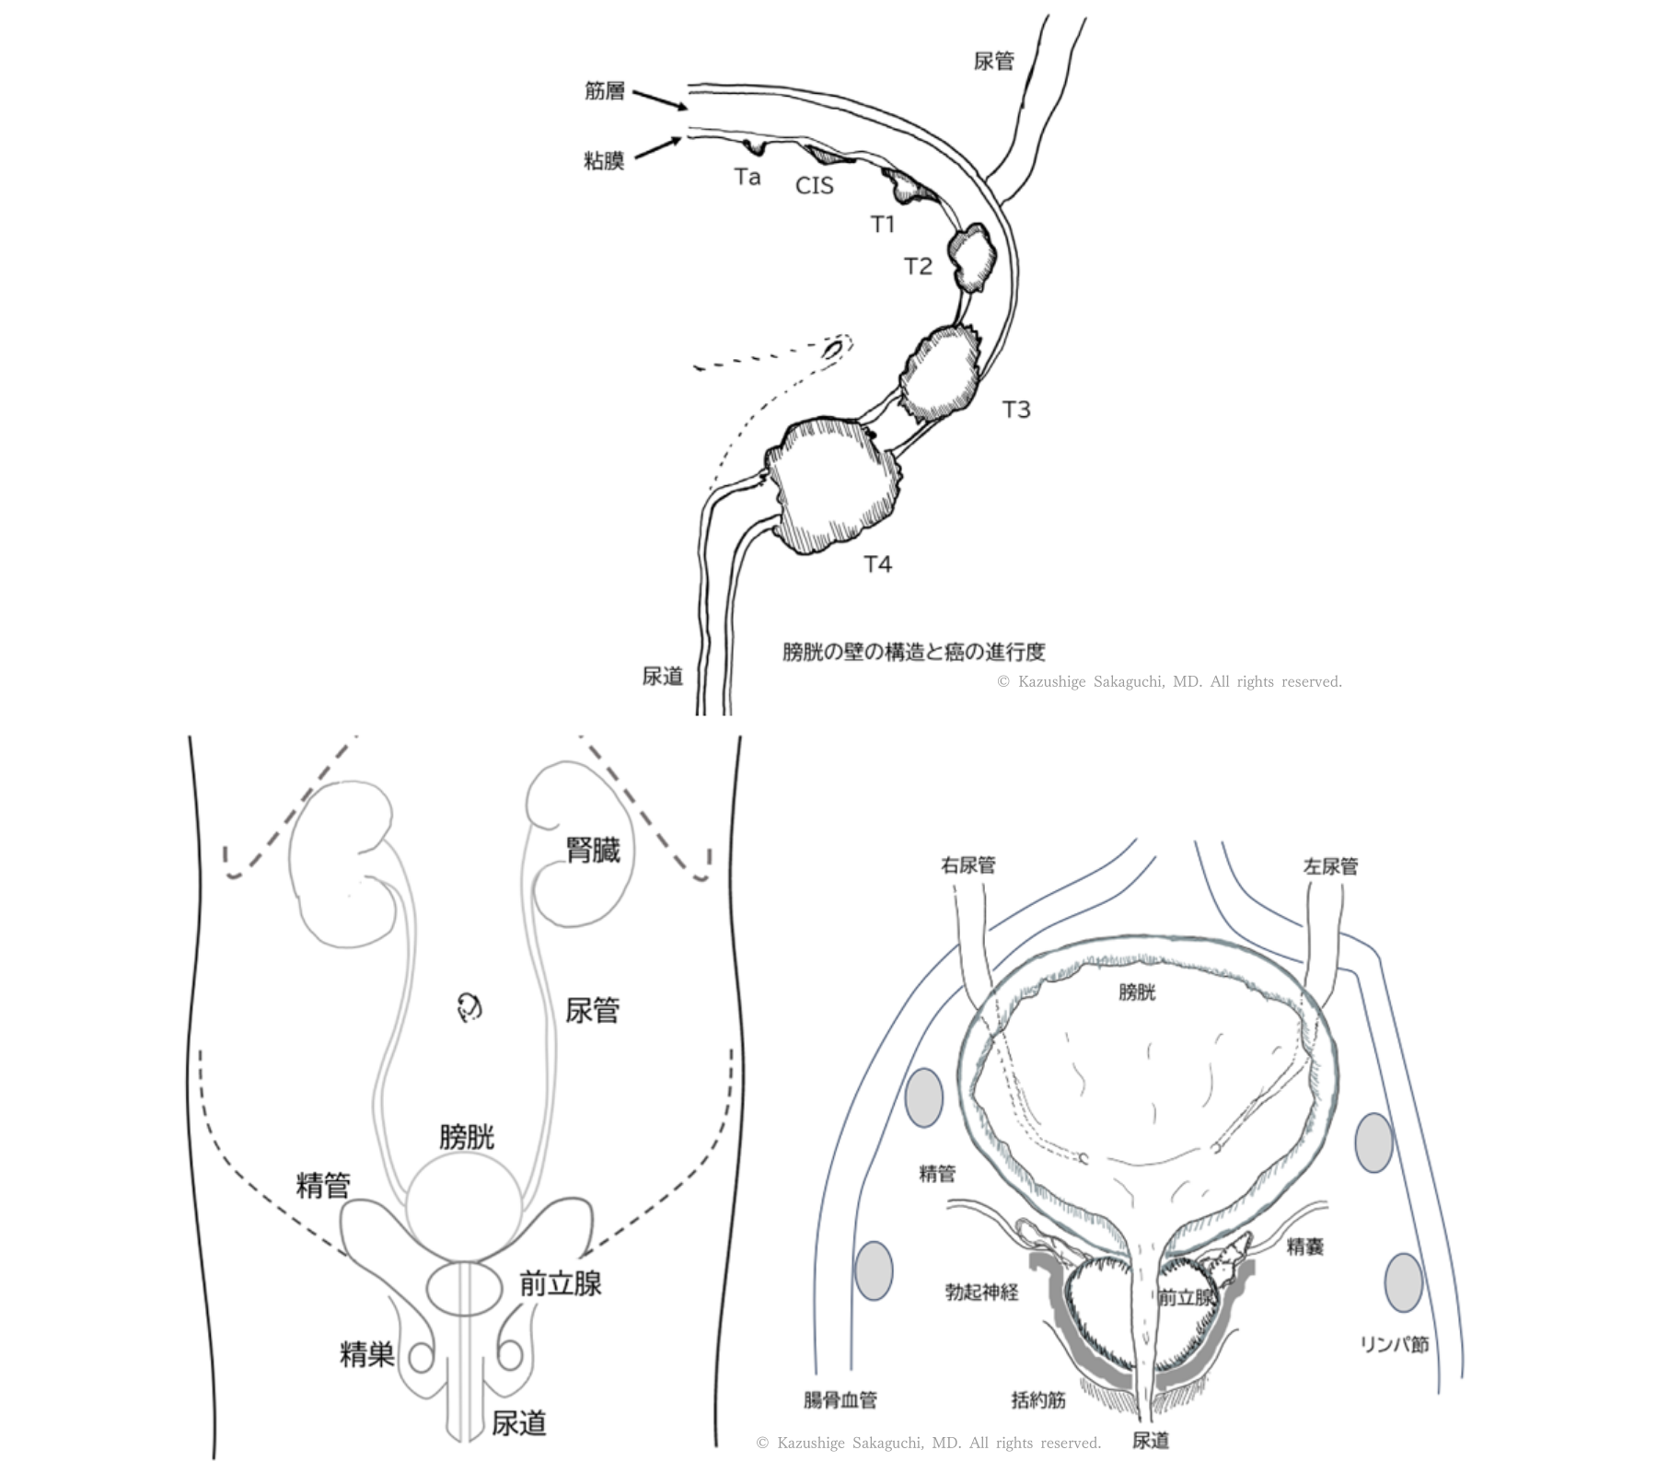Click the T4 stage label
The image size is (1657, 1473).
click(x=878, y=564)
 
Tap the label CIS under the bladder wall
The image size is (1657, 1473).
click(x=814, y=186)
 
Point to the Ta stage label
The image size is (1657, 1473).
click(x=747, y=177)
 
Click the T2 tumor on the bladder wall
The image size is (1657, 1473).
click(x=975, y=259)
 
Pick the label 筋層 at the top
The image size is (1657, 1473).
click(x=604, y=90)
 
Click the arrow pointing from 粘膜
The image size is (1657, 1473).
click(x=657, y=148)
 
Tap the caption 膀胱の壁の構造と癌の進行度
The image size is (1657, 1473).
click(x=913, y=652)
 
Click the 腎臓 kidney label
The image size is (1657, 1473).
click(x=593, y=850)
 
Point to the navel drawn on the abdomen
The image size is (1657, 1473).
click(x=469, y=1008)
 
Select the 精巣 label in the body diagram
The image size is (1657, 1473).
click(x=367, y=1354)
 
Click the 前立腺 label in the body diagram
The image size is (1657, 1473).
click(x=560, y=1283)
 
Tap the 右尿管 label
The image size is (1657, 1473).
click(x=968, y=865)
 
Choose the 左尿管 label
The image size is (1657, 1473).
click(x=1330, y=866)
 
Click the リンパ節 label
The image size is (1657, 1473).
click(x=1394, y=1345)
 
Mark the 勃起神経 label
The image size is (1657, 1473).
click(x=981, y=1292)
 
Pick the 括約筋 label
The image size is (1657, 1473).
click(x=1038, y=1400)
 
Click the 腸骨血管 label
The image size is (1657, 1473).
click(x=840, y=1400)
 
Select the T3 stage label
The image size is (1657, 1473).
click(x=1015, y=410)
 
